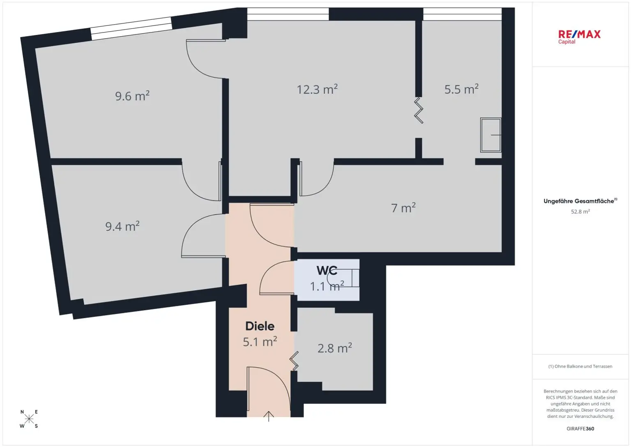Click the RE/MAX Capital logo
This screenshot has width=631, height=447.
coord(579,36)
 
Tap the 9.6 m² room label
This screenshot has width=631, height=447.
coord(132,96)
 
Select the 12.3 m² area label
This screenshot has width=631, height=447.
coord(317,89)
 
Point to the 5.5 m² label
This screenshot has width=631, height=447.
coord(461,89)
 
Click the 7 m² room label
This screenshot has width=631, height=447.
coord(403,208)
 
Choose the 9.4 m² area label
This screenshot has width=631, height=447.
coord(122,227)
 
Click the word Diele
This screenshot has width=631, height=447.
coord(260,326)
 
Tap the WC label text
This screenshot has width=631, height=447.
coord(327,271)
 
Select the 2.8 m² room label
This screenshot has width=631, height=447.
coord(334,348)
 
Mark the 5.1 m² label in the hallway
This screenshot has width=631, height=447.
coord(260,342)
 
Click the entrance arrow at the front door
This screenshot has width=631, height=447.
coord(269,416)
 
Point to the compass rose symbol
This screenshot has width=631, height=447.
coord(29,419)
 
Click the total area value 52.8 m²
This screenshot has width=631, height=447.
coord(580,212)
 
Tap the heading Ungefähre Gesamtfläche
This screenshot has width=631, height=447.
coord(579,201)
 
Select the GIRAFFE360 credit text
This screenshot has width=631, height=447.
coord(580,428)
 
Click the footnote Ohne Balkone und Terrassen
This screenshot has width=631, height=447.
coord(580,366)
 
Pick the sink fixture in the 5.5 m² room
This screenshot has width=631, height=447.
coord(491,135)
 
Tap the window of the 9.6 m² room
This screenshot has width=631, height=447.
coord(131,29)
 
